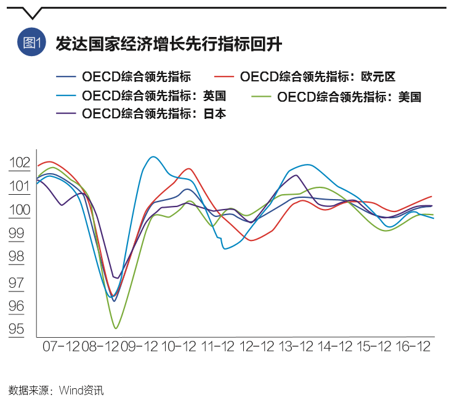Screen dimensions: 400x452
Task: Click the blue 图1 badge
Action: point(31,43)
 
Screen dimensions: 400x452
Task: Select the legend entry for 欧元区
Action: point(317,77)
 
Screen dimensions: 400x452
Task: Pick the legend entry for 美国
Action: point(349,97)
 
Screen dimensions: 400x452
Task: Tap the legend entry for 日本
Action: point(153,114)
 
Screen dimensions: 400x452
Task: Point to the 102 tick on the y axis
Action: point(20,163)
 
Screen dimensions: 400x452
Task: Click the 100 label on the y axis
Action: point(20,210)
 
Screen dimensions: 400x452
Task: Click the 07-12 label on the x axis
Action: point(61,347)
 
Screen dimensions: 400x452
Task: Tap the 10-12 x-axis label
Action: point(179,347)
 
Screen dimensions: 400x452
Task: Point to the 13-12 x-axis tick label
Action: point(296,347)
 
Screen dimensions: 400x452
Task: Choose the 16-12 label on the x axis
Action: point(412,347)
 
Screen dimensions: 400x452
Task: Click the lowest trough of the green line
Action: point(116,328)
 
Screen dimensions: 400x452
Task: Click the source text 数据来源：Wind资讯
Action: point(56,390)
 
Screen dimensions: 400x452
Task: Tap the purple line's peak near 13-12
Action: point(296,175)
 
